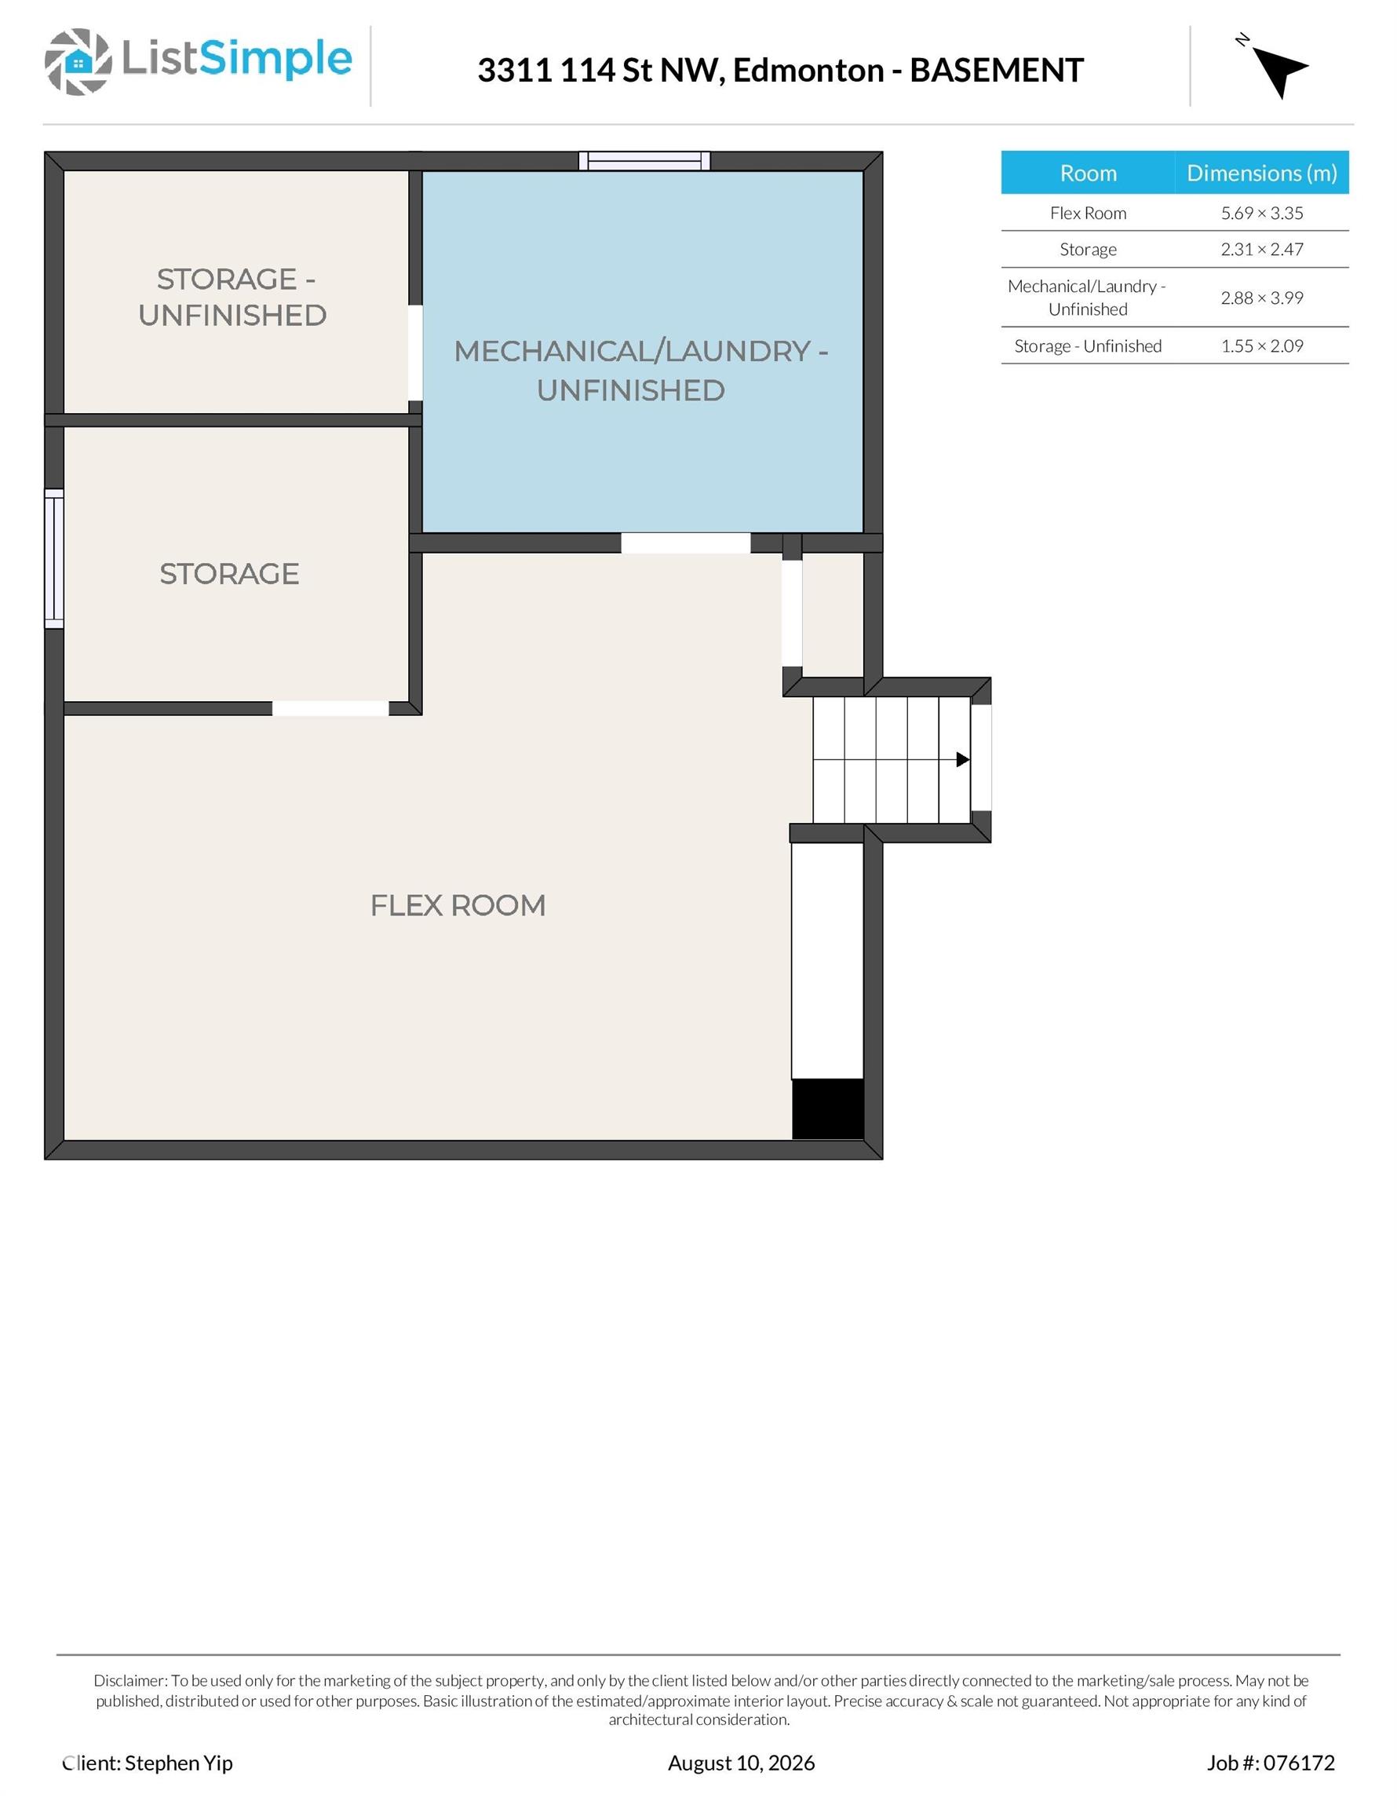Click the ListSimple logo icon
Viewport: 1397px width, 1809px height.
pos(78,61)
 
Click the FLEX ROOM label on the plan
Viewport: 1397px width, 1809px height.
pos(458,905)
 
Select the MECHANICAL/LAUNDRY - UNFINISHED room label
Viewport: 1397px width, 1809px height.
pos(640,371)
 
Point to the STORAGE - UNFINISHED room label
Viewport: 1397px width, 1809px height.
pos(232,297)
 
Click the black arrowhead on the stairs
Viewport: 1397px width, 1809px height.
pos(963,759)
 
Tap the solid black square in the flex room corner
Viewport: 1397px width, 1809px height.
pos(828,1109)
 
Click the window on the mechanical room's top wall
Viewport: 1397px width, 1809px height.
pos(644,161)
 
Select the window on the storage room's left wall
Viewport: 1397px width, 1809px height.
pos(54,559)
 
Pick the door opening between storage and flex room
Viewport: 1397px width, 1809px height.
pos(330,708)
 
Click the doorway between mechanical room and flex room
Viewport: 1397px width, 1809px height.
pos(686,543)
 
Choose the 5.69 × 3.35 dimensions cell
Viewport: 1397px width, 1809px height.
pos(1262,213)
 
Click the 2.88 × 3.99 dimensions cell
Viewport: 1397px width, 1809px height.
pos(1262,298)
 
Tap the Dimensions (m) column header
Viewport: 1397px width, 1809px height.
pos(1262,172)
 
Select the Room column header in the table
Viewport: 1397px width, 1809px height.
pos(1088,173)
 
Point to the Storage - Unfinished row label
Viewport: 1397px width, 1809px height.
pos(1088,345)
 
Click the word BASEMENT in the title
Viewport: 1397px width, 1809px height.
pos(997,71)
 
